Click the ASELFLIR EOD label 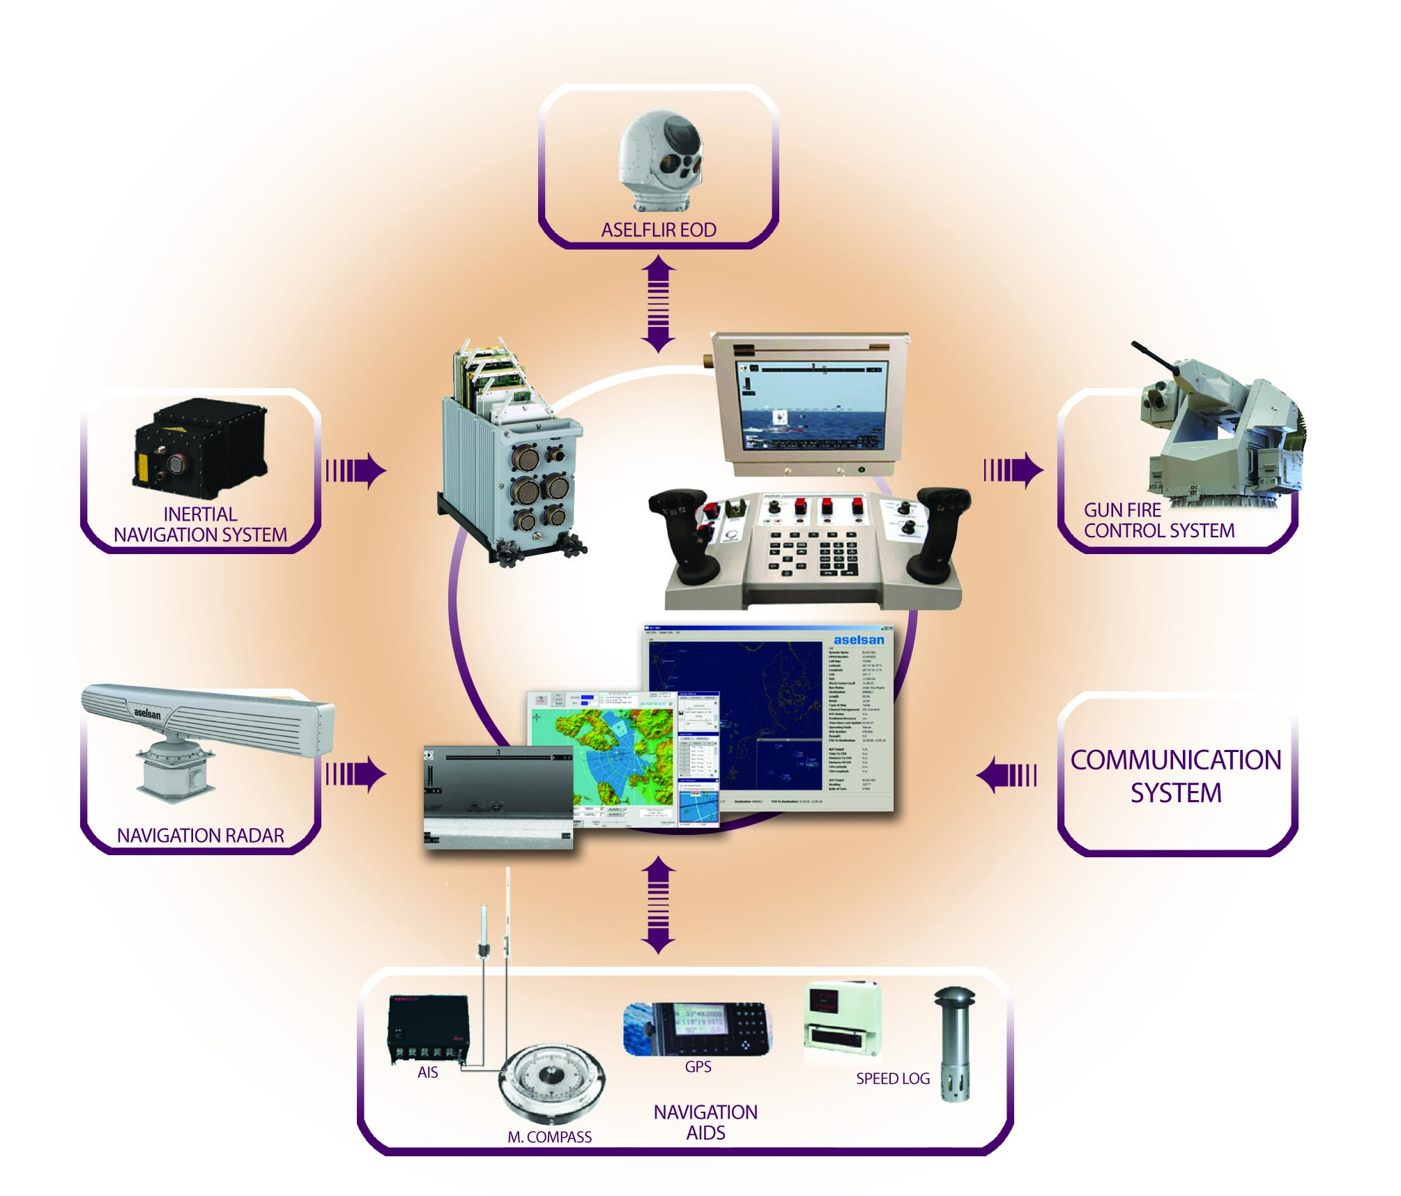pos(659,230)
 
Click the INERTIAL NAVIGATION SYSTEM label pos(201,525)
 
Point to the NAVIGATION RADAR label pos(201,835)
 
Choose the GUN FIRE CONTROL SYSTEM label pos(1158,521)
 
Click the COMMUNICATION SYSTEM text pos(1176,776)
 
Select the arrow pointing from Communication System pos(1006,776)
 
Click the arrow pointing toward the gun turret pos(1013,470)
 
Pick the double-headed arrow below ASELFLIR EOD pos(658,303)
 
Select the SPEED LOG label pos(893,1079)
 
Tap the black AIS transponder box pos(429,1029)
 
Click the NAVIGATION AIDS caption pos(705,1122)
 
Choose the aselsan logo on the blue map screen pos(859,640)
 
